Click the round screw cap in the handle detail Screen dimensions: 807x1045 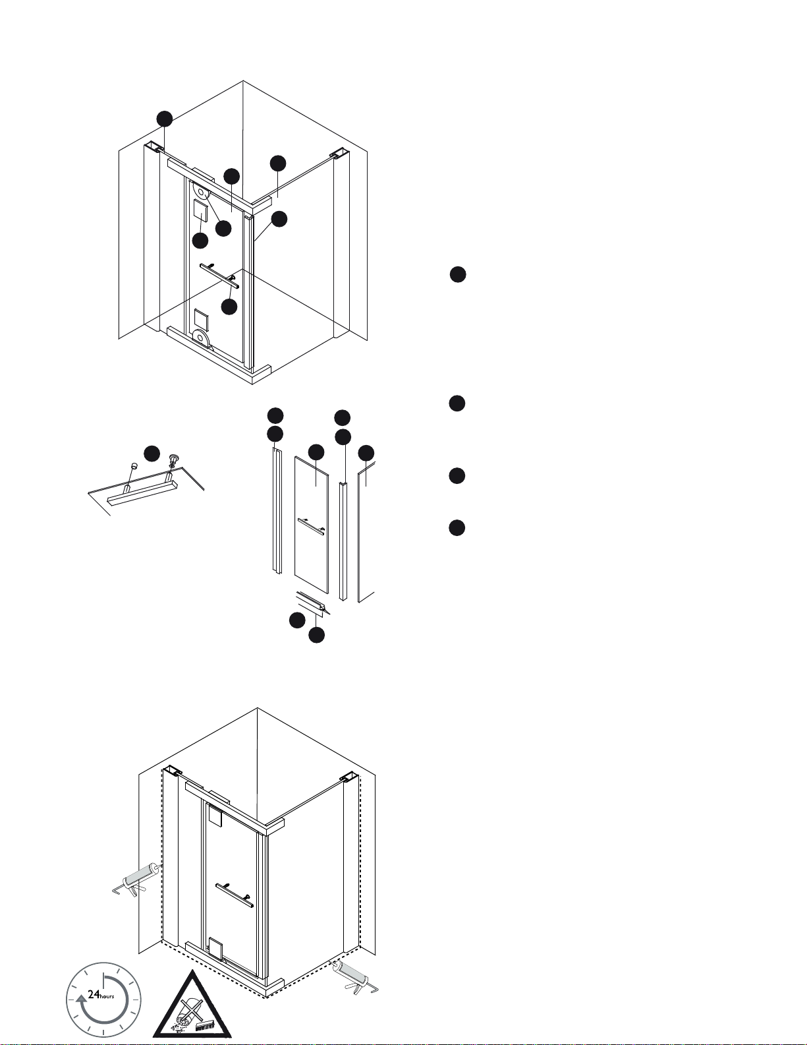click(134, 465)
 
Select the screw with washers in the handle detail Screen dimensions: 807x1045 click(174, 461)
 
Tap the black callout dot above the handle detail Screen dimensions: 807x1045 click(152, 454)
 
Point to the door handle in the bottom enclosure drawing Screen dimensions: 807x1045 click(235, 895)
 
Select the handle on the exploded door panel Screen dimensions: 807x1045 click(311, 526)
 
